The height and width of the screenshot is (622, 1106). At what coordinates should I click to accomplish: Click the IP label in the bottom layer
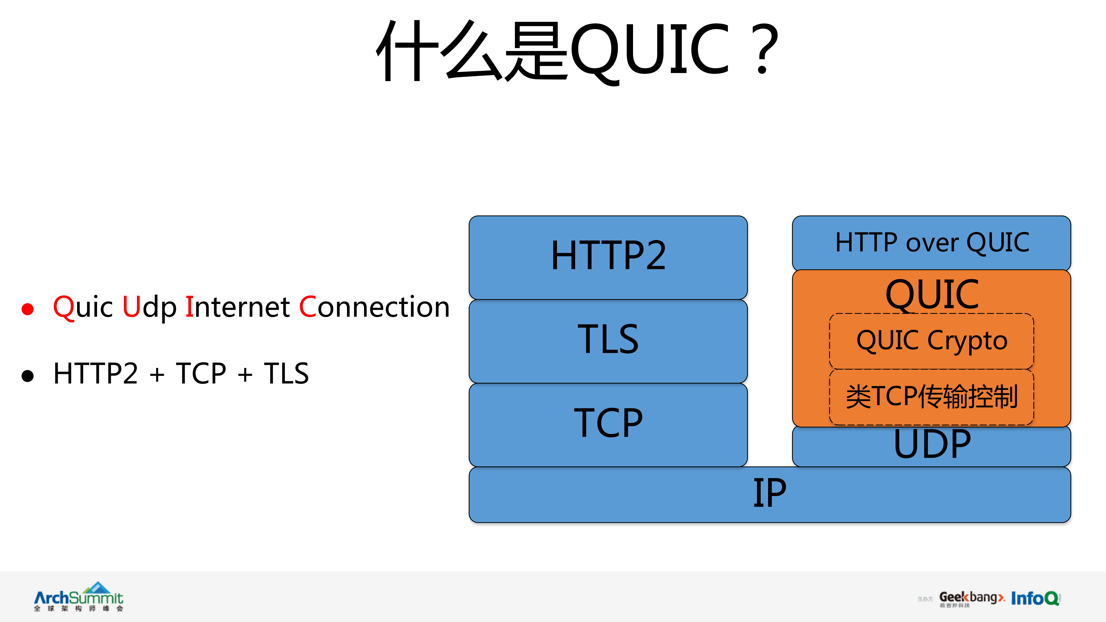tap(769, 494)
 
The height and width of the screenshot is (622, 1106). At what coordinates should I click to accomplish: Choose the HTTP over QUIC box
tap(932, 243)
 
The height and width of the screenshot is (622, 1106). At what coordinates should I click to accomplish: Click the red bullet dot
tap(27, 309)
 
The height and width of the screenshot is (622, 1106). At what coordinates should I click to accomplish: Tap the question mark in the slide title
tap(766, 49)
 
